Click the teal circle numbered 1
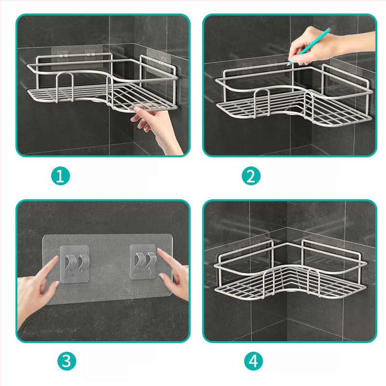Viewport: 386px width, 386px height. (61, 176)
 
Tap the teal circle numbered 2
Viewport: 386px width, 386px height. (251, 176)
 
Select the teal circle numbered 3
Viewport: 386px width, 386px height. (67, 361)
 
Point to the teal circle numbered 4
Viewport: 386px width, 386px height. (253, 361)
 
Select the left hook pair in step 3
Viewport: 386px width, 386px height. (75, 264)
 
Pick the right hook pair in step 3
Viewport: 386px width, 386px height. (143, 262)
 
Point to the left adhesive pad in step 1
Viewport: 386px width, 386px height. (77, 57)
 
